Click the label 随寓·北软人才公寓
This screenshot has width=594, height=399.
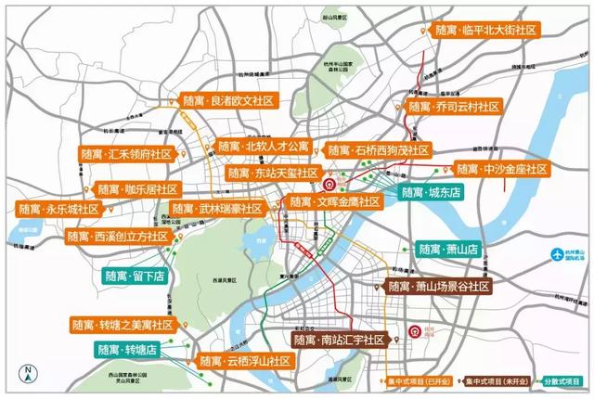click(x=264, y=147)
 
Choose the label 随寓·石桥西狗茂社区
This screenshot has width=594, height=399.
click(x=379, y=150)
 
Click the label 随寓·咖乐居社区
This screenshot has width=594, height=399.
click(x=136, y=189)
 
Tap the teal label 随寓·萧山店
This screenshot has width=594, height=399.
click(x=447, y=249)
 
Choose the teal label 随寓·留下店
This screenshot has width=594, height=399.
click(x=135, y=276)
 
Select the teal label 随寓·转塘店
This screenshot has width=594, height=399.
click(x=128, y=350)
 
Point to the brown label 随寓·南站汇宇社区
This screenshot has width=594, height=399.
click(x=339, y=341)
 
